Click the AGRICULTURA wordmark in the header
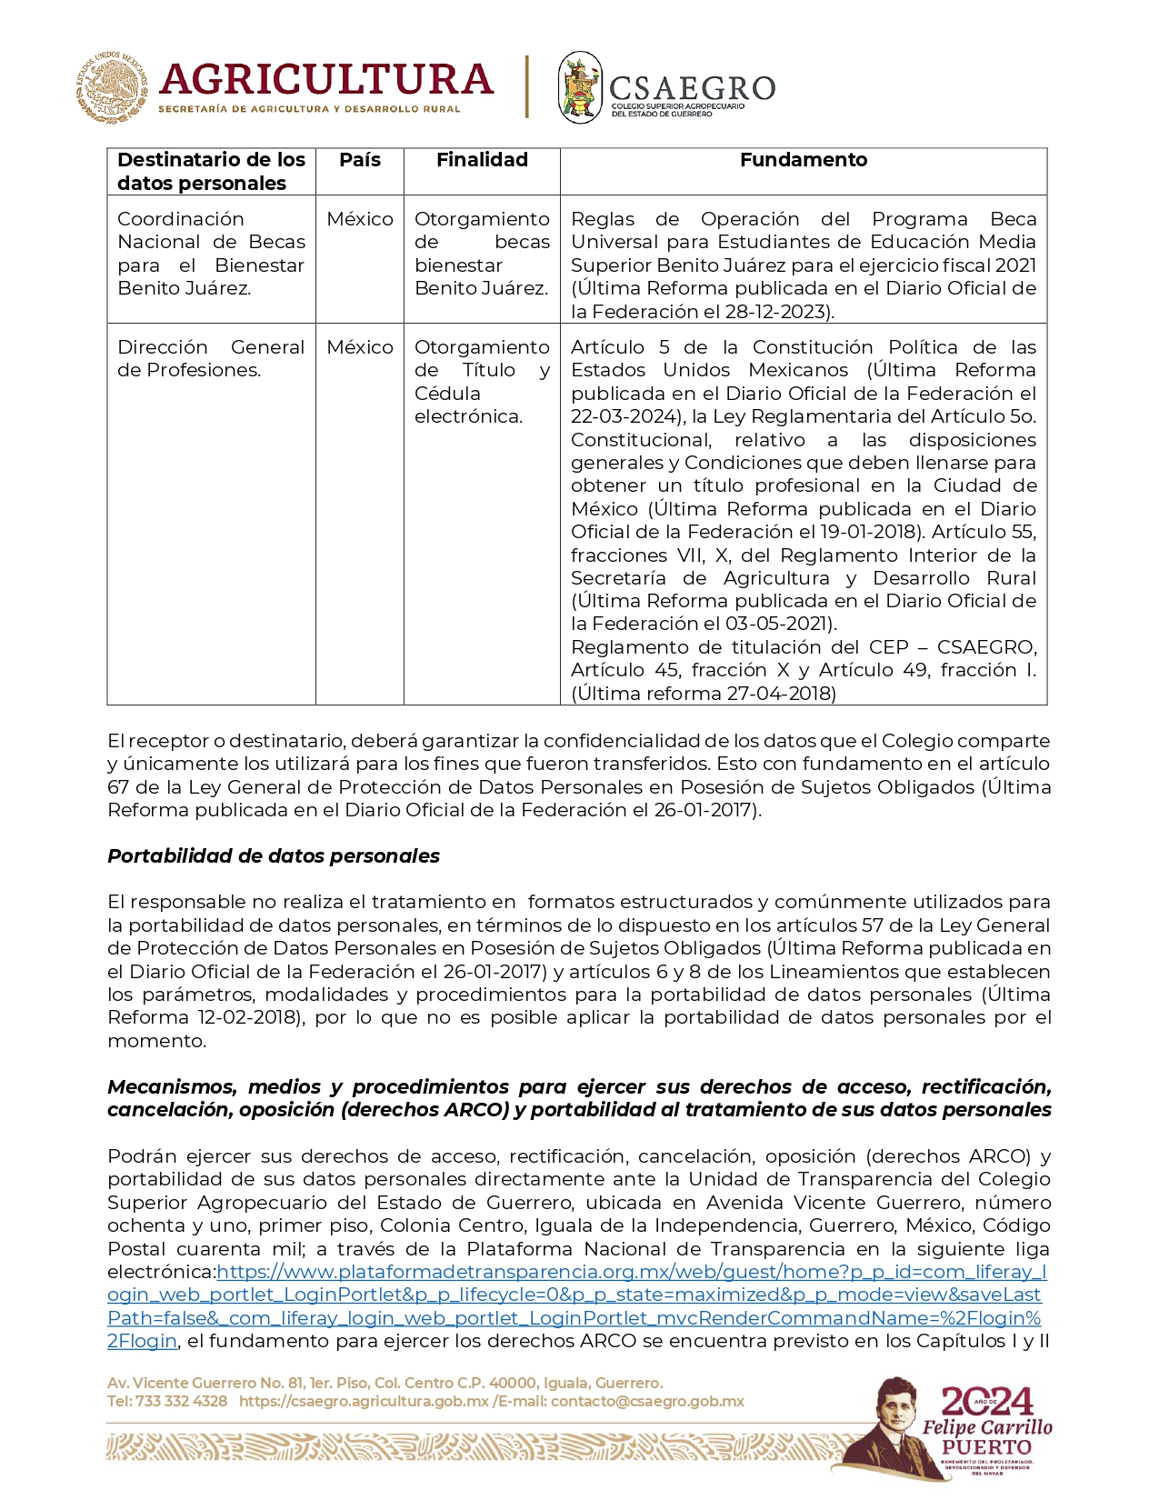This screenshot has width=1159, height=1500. [x=325, y=80]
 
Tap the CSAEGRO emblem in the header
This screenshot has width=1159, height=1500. [x=580, y=87]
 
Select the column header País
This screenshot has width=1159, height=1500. [x=360, y=160]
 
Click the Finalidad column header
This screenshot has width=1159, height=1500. [x=482, y=160]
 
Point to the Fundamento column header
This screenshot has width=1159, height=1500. [x=804, y=160]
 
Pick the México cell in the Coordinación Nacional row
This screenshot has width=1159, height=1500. [x=360, y=219]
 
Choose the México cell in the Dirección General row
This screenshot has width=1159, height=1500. [x=360, y=347]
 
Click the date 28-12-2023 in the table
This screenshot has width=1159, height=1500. [x=779, y=312]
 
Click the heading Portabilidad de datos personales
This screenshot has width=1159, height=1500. [x=274, y=856]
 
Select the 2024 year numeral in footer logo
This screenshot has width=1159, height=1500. [x=987, y=1402]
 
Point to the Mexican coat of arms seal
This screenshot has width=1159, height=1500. [x=112, y=87]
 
